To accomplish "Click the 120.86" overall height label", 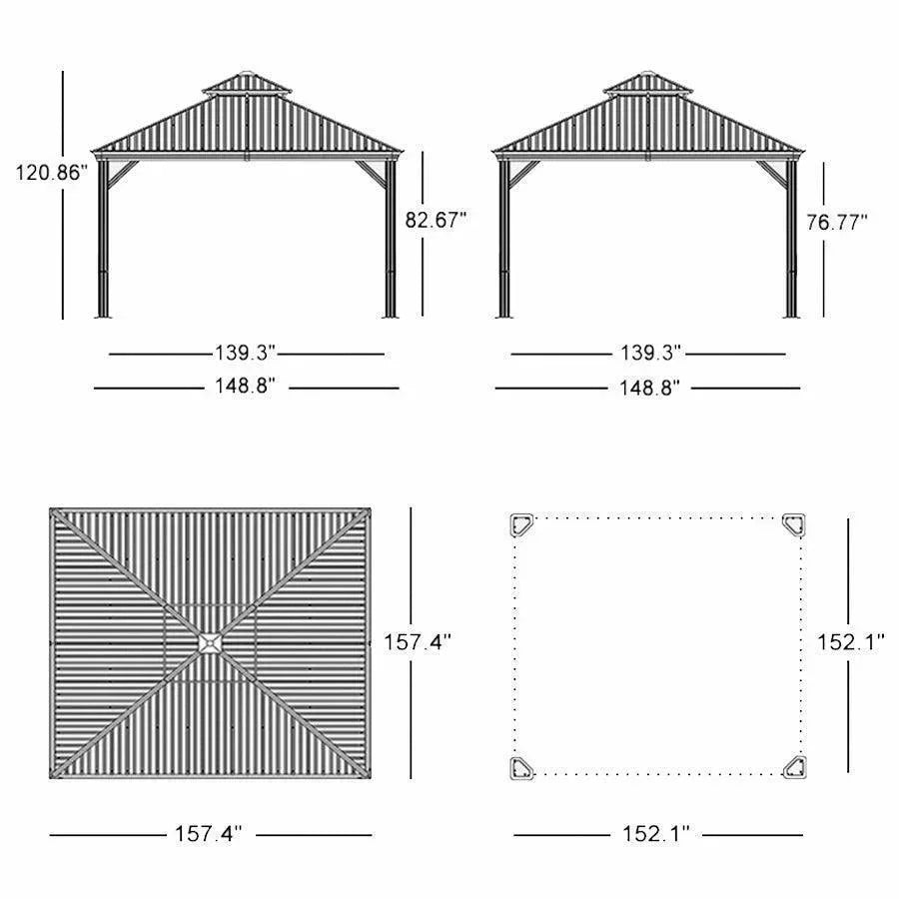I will pyautogui.click(x=51, y=172).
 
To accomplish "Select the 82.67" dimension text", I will pyautogui.click(x=437, y=220).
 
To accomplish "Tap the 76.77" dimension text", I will pyautogui.click(x=837, y=222).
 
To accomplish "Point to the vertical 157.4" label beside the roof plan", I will pyautogui.click(x=418, y=642).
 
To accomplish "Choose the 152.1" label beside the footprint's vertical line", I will pyautogui.click(x=851, y=643).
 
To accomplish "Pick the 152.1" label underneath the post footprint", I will pyautogui.click(x=656, y=834).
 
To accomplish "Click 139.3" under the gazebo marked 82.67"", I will pyautogui.click(x=245, y=353).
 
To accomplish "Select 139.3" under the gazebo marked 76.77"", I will pyautogui.click(x=649, y=353).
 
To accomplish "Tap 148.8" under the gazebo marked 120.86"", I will pyautogui.click(x=245, y=387).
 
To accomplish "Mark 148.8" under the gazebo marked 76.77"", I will pyautogui.click(x=649, y=387).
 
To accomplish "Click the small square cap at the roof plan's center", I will pyautogui.click(x=211, y=643).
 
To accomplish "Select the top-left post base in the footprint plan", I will pyautogui.click(x=522, y=524).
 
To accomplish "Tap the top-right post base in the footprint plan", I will pyautogui.click(x=794, y=524).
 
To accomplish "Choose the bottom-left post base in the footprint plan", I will pyautogui.click(x=522, y=767).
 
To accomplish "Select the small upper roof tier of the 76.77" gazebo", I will pyautogui.click(x=648, y=84).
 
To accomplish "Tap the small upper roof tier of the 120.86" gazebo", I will pyautogui.click(x=246, y=84).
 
